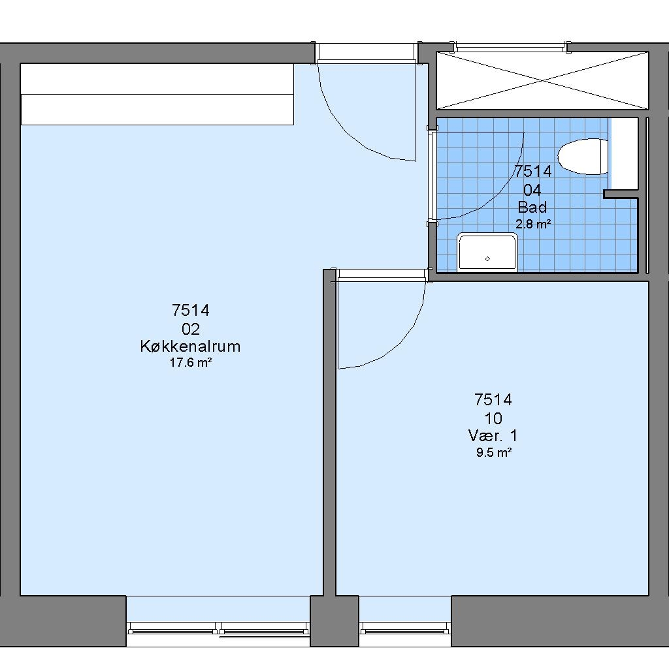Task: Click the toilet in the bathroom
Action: tap(583, 157)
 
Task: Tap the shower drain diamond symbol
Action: tap(487, 258)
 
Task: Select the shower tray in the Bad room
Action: tap(487, 252)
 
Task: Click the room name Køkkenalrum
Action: tap(190, 346)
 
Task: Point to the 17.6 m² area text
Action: tap(191, 363)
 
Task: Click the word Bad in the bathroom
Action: tap(532, 207)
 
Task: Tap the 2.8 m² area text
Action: tap(533, 224)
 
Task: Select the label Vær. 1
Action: tap(493, 435)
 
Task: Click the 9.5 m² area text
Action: tap(494, 452)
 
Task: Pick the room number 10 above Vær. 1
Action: tap(493, 418)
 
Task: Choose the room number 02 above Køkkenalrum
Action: tap(191, 329)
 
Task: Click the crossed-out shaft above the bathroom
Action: tap(542, 80)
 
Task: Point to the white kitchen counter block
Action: tap(157, 94)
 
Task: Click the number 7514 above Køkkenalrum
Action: tap(191, 310)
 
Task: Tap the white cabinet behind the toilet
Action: tap(624, 154)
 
